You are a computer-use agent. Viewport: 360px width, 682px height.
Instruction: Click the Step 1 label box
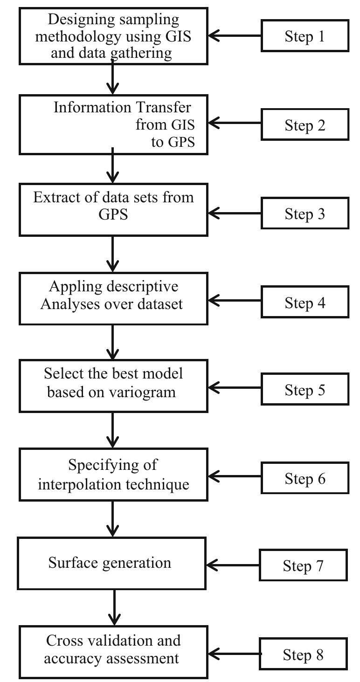coord(305,36)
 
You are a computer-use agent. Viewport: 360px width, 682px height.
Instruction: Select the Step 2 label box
coord(305,124)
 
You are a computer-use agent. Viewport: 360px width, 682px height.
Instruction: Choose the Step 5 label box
coord(305,390)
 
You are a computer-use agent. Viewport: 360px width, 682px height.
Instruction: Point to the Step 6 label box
coord(305,478)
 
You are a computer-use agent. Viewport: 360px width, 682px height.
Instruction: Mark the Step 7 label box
coord(303,565)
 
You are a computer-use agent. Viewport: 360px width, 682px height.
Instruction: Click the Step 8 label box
coord(303,654)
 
